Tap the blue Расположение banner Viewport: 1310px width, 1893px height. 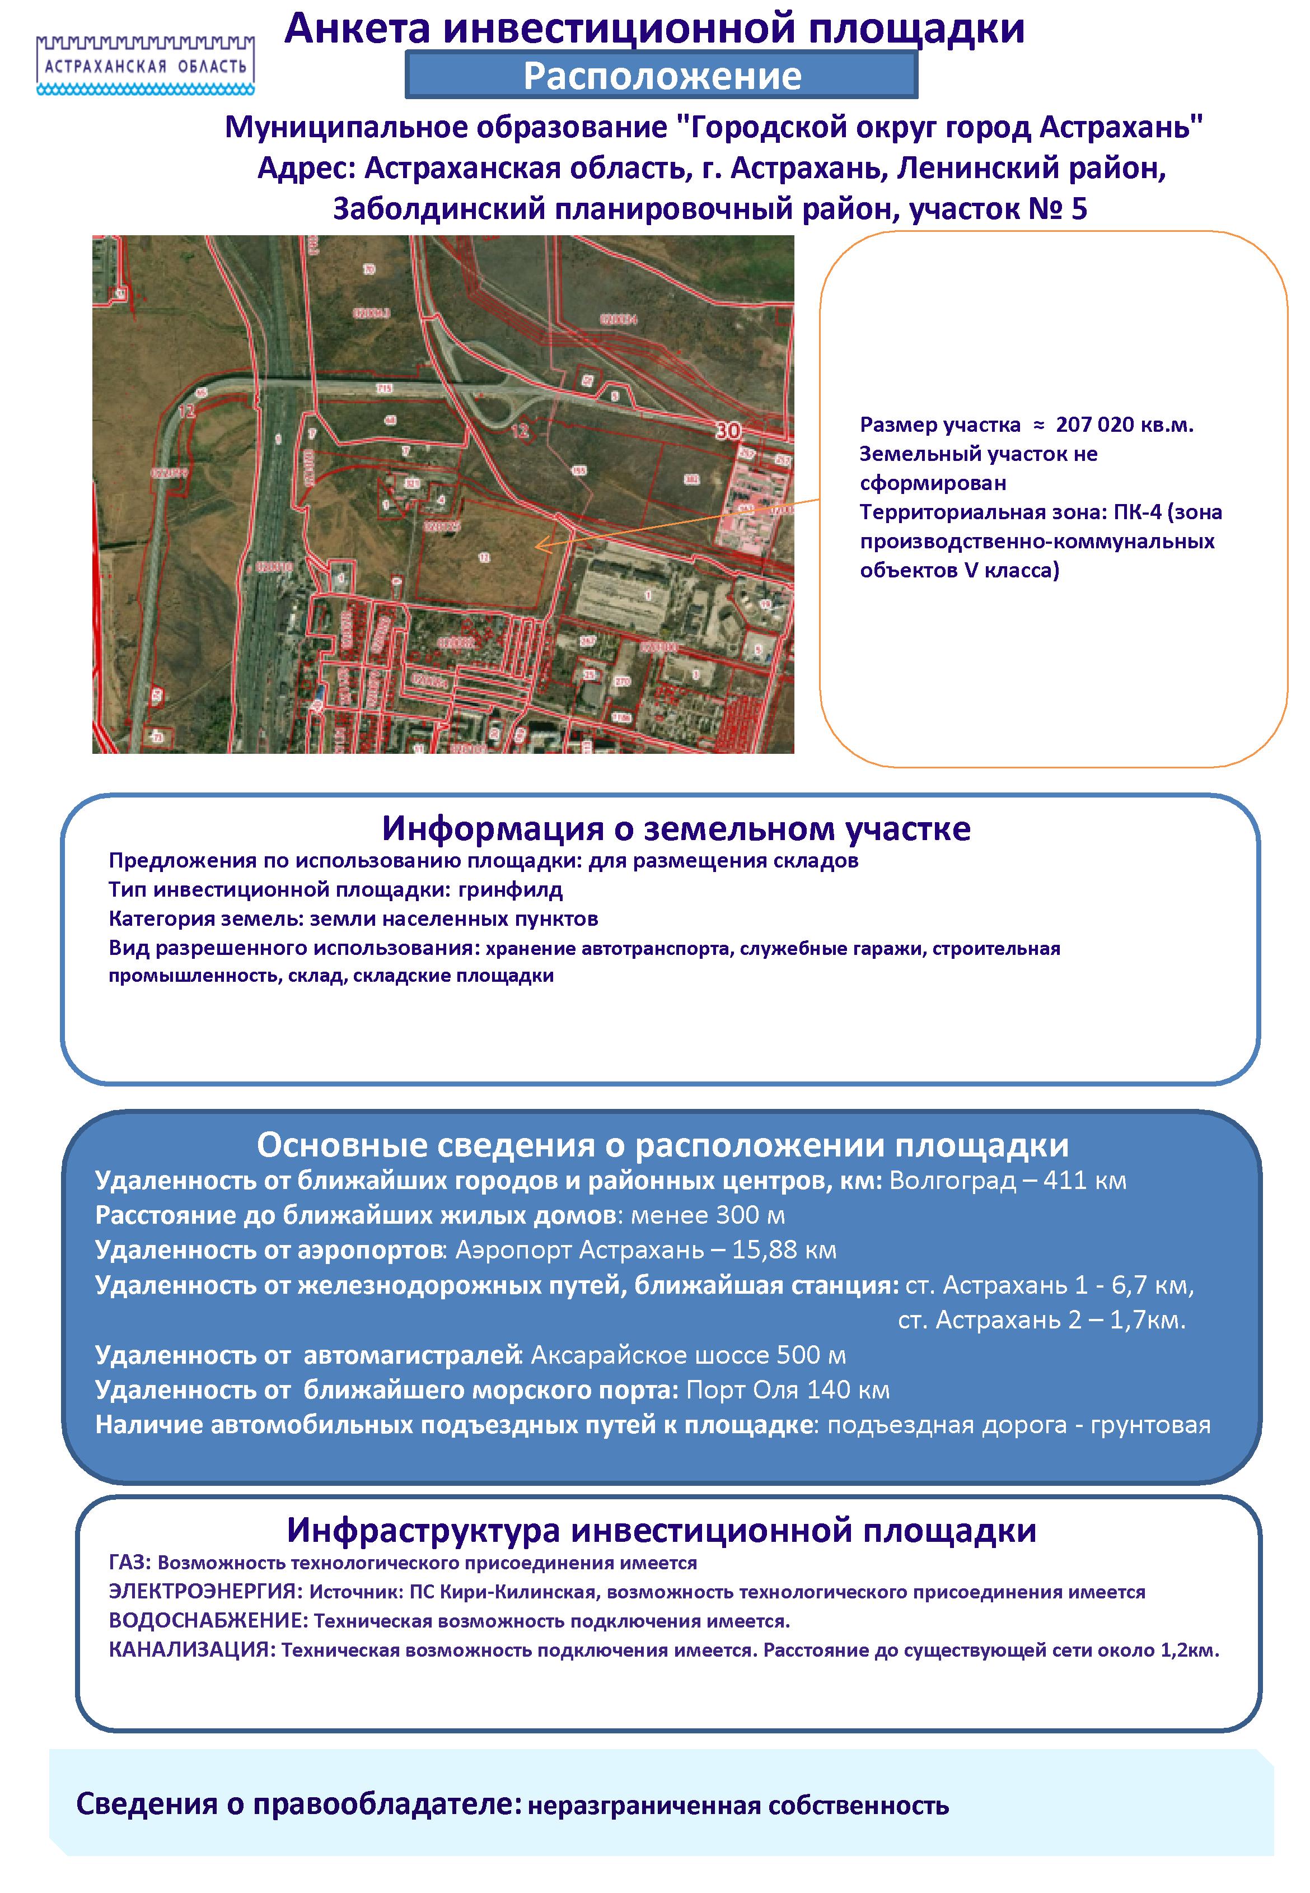point(662,76)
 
